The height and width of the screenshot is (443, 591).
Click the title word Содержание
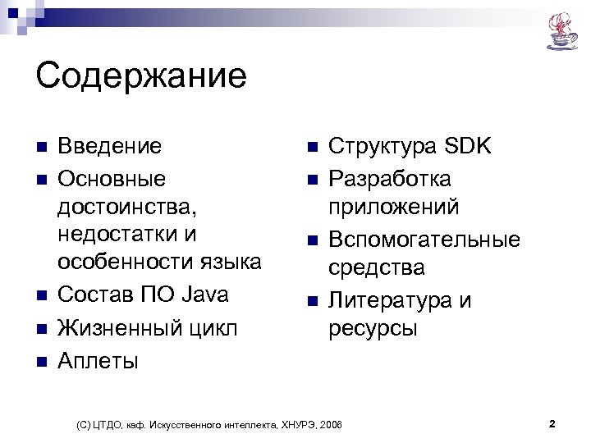141,76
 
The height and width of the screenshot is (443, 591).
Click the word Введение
109,147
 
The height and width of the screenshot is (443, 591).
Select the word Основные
112,178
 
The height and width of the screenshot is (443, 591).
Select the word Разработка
390,178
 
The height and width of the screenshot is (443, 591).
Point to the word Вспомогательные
424,240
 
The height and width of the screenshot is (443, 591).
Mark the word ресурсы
373,329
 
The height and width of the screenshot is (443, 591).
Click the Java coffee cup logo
562,31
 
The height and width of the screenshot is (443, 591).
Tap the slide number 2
552,424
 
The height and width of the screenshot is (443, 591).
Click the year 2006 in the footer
332,425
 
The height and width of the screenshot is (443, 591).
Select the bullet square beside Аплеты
41,361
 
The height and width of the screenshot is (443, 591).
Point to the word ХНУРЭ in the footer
296,425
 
